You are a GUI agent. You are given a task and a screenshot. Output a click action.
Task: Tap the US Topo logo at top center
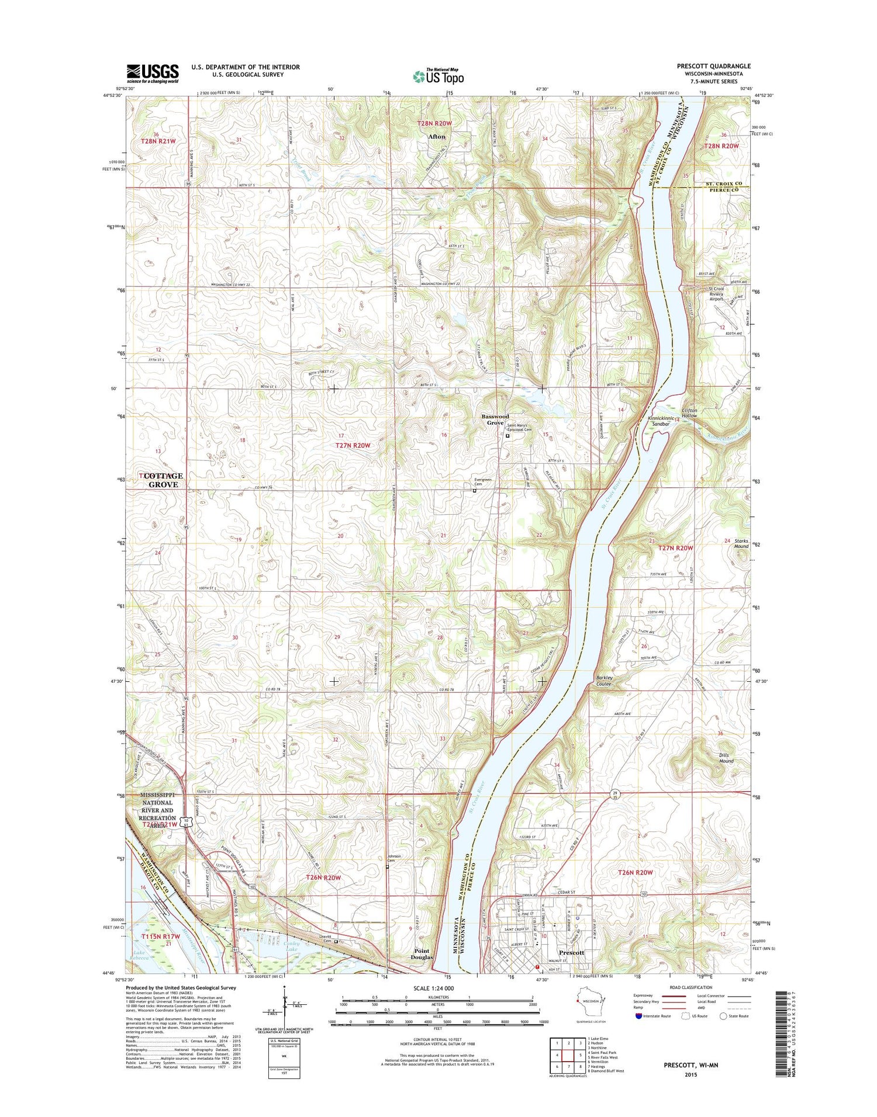pos(438,76)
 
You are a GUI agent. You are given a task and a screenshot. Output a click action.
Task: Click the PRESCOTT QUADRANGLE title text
pos(714,66)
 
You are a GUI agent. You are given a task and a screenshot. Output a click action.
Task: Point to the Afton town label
pos(437,137)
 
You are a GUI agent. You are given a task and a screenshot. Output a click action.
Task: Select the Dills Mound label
pos(726,758)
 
